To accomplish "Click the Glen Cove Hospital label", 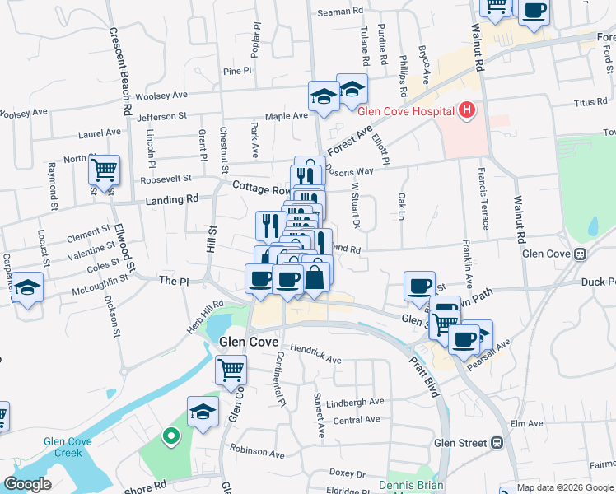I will click(x=406, y=112).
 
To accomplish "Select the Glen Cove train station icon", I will click(x=580, y=254).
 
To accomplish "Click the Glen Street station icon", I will click(x=497, y=443).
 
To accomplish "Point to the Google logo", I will click(x=28, y=484).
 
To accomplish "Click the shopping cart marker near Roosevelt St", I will click(x=104, y=170).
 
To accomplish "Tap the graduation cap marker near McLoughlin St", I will click(x=28, y=288).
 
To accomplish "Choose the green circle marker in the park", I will click(x=171, y=436).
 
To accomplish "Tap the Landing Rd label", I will click(x=172, y=199).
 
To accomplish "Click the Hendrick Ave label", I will click(x=315, y=354).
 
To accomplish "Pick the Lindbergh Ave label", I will click(x=355, y=402).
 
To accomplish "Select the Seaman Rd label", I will click(x=339, y=13).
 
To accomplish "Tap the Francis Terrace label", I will click(x=478, y=197).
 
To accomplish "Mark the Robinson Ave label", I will click(x=257, y=452).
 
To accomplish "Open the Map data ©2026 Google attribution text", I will click(x=566, y=487).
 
